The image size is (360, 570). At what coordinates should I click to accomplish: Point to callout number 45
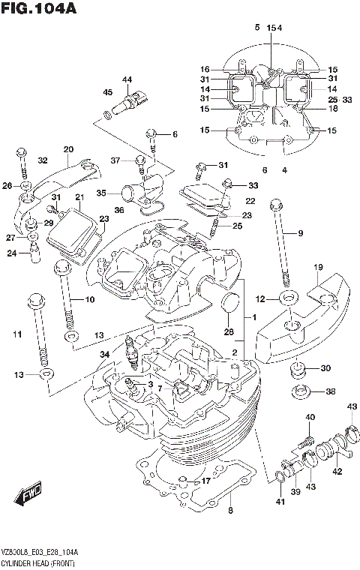click(x=108, y=92)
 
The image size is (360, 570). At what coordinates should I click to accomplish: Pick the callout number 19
click(x=318, y=267)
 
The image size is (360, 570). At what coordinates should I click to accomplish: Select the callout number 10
click(x=89, y=301)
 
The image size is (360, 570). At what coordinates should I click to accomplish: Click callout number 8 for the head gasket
click(x=230, y=511)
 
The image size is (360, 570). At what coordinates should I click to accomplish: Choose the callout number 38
click(x=331, y=391)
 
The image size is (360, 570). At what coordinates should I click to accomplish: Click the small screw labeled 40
click(x=306, y=434)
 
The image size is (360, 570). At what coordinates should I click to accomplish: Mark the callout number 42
click(x=337, y=472)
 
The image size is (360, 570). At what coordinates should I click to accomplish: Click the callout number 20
click(x=68, y=148)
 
